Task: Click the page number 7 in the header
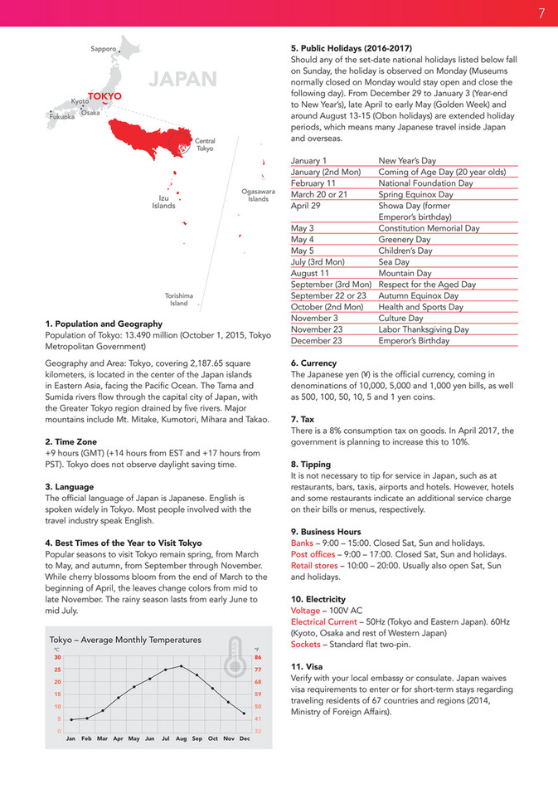pos(541,13)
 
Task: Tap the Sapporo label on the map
pos(103,50)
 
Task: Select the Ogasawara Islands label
pos(258,195)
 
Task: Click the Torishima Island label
pos(179,299)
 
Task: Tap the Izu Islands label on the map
pos(163,202)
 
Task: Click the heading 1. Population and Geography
pos(104,324)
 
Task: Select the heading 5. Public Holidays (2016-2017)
pos(352,48)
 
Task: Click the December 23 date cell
pos(317,340)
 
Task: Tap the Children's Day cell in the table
pos(405,251)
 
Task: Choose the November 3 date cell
pos(315,318)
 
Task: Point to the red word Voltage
pos(306,610)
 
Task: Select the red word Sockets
pos(306,644)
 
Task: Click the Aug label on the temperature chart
pos(182,738)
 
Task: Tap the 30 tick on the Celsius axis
pos(58,657)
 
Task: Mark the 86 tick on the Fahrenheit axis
pos(258,657)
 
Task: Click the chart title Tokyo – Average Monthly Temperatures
pos(125,640)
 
